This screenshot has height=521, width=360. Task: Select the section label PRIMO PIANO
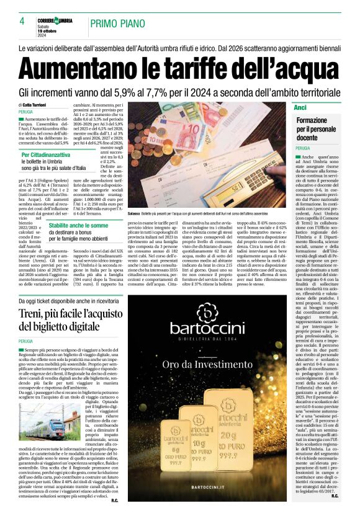119,23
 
